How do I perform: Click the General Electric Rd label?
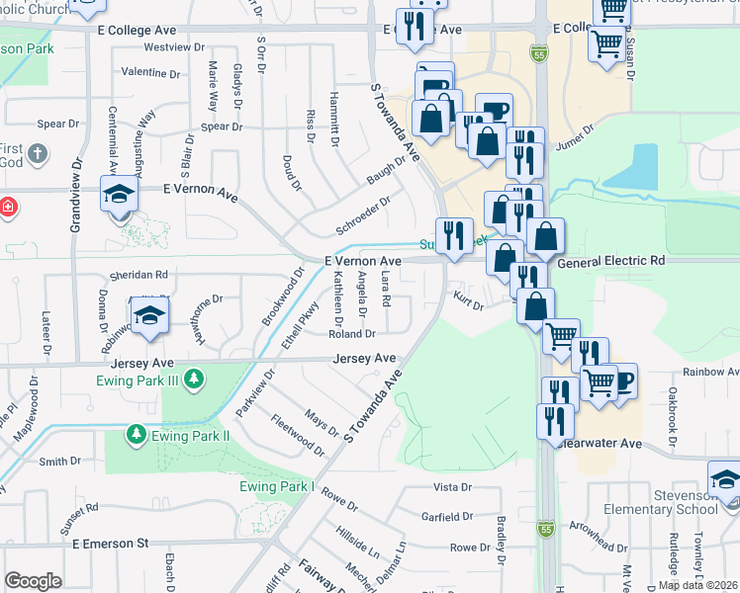(x=611, y=262)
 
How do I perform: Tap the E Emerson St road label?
(x=110, y=544)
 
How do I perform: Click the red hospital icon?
(x=7, y=208)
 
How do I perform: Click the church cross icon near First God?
(x=38, y=154)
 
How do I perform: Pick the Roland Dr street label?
(x=351, y=334)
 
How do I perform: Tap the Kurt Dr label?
(x=467, y=299)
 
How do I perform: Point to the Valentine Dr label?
(x=150, y=73)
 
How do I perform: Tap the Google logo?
(x=33, y=581)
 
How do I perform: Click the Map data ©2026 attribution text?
(x=696, y=585)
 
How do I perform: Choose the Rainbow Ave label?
(x=710, y=373)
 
